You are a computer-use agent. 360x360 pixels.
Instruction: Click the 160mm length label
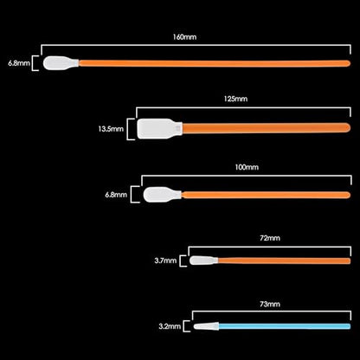click(184, 37)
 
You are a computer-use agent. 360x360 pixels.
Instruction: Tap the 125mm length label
click(235, 99)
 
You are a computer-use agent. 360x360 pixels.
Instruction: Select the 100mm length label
click(247, 167)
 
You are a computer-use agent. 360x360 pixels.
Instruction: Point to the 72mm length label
click(270, 238)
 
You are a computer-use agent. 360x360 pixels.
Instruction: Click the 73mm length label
click(270, 304)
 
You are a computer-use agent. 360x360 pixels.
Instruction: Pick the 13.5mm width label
click(111, 129)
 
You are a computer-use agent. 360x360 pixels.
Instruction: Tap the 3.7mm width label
click(165, 260)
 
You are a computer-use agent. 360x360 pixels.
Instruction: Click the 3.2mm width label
click(170, 326)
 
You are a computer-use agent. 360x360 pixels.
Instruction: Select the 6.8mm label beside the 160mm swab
click(19, 63)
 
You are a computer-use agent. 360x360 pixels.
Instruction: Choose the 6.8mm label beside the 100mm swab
click(116, 195)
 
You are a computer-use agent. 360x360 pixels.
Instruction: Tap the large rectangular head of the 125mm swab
click(159, 129)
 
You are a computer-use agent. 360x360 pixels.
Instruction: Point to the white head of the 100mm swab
click(162, 195)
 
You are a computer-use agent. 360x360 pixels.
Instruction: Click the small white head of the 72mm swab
click(203, 260)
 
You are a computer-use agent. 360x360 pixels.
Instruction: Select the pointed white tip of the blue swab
click(206, 326)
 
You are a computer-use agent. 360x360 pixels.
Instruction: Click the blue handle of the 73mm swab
click(285, 326)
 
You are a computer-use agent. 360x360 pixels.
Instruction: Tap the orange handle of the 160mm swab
click(215, 63)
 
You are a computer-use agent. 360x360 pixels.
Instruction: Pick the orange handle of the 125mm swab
click(267, 128)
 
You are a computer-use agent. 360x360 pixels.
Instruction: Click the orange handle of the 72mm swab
click(284, 260)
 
